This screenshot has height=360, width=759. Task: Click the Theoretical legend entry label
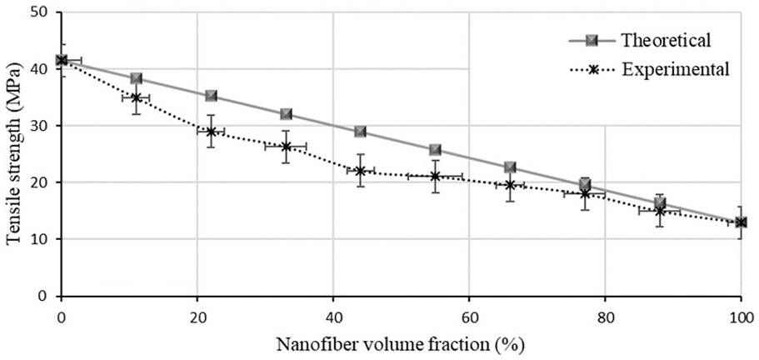pyautogui.click(x=666, y=39)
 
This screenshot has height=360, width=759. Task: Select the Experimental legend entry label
pyautogui.click(x=675, y=70)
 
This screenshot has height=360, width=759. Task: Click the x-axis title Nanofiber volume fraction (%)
pyautogui.click(x=401, y=346)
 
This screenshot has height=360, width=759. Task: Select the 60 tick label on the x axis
pyautogui.click(x=469, y=317)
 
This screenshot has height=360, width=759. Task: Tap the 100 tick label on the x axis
pyautogui.click(x=741, y=317)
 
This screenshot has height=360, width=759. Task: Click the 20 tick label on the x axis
pyautogui.click(x=197, y=317)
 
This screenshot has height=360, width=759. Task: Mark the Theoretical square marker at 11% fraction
pyautogui.click(x=136, y=78)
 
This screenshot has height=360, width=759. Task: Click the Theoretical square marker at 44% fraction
pyautogui.click(x=360, y=132)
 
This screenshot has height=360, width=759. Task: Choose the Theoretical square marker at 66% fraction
pyautogui.click(x=510, y=167)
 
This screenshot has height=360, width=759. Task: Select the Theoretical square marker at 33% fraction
pyautogui.click(x=286, y=114)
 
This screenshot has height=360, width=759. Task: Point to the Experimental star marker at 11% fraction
pyautogui.click(x=136, y=97)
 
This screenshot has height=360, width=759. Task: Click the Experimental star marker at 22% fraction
pyautogui.click(x=211, y=132)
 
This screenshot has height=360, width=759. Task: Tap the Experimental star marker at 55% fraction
pyautogui.click(x=435, y=176)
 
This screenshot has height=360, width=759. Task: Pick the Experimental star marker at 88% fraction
pyautogui.click(x=659, y=211)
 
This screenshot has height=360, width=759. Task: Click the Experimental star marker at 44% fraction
pyautogui.click(x=360, y=171)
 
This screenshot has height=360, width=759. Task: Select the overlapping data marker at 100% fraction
pyautogui.click(x=741, y=222)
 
